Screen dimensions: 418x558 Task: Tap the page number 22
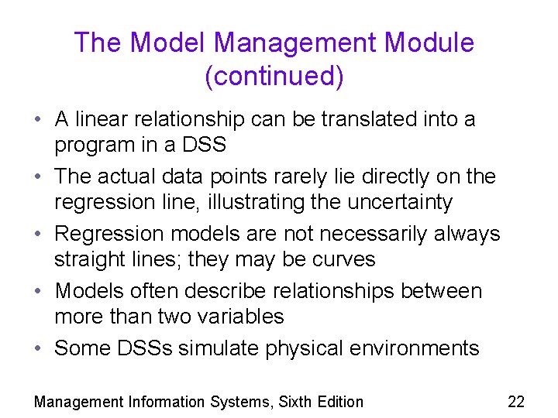click(515, 401)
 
